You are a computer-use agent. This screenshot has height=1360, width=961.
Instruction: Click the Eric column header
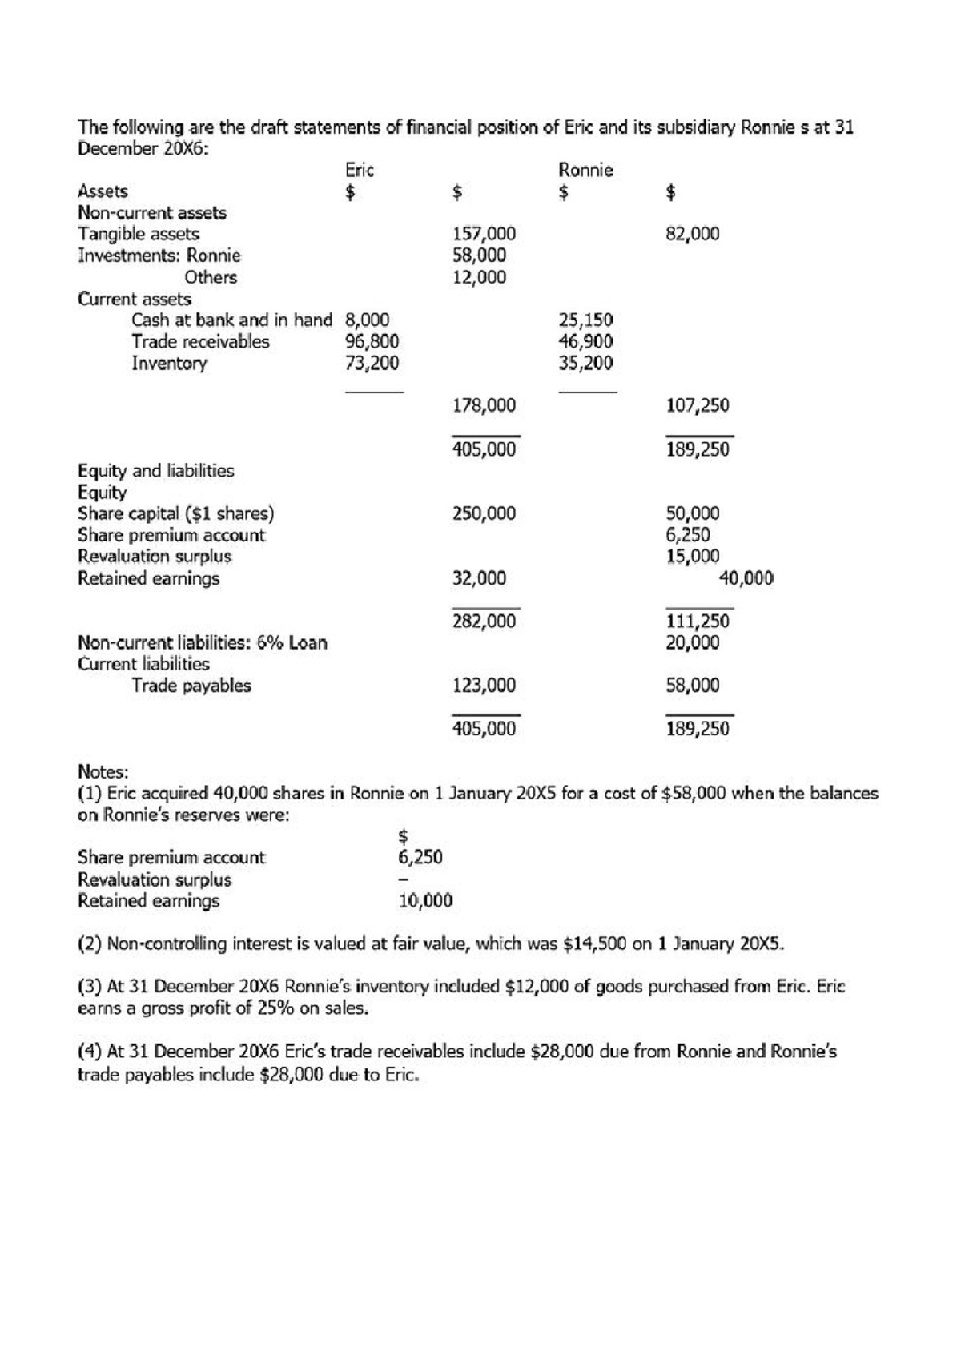click(x=360, y=170)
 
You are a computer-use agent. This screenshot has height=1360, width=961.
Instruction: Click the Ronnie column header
click(x=585, y=170)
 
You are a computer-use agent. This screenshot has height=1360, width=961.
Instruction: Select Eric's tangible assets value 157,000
click(x=484, y=234)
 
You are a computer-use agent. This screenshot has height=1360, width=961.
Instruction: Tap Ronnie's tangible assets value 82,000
click(x=693, y=234)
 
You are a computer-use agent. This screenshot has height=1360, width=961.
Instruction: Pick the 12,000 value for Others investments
click(x=479, y=277)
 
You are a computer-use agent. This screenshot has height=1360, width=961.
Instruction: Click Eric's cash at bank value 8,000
click(x=367, y=320)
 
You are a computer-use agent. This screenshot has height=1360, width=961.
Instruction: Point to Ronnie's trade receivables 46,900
click(x=585, y=341)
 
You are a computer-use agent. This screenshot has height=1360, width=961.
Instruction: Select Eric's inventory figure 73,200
click(x=372, y=363)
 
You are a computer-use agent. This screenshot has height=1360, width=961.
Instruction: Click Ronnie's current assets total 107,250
click(x=698, y=405)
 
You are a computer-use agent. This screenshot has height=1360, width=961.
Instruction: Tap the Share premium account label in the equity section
click(x=171, y=535)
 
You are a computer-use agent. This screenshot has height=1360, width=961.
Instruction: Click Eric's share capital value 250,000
click(x=484, y=513)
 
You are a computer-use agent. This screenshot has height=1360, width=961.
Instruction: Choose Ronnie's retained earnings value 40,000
click(x=746, y=578)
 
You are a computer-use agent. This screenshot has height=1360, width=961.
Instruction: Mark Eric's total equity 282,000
click(x=484, y=621)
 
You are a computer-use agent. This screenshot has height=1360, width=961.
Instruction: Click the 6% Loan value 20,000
click(x=693, y=642)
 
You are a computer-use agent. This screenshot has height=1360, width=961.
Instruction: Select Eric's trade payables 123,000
click(x=484, y=686)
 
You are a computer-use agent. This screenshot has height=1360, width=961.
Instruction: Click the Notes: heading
click(x=103, y=772)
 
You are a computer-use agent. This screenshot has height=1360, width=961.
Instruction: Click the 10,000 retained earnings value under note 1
click(x=425, y=901)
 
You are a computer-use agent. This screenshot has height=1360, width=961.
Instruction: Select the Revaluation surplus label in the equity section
click(x=154, y=557)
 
